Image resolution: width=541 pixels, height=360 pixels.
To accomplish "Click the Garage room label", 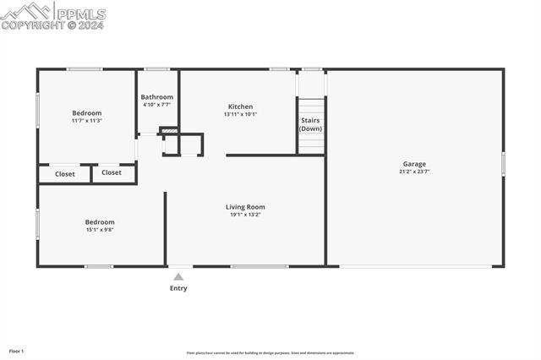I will pos(413,164).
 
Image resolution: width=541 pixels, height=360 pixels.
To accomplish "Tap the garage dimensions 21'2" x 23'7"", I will pos(413,172).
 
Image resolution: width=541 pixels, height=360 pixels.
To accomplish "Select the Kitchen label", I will pos(240,106).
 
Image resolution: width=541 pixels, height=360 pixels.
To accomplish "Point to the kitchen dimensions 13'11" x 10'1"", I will pos(240,114).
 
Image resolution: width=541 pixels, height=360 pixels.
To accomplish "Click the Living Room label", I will pos(245,207).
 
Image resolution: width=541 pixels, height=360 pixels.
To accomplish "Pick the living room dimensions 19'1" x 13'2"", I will pos(245,215).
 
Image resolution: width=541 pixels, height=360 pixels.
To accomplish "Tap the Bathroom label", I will pos(156,97).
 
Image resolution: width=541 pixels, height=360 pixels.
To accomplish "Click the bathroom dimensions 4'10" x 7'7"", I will pos(156,105).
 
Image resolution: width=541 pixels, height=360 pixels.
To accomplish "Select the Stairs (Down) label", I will pos(310,124).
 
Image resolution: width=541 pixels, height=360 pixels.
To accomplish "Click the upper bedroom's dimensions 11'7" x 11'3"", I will pos(86,121).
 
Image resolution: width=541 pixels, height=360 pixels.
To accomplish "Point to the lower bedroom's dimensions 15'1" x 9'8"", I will pos(100,230).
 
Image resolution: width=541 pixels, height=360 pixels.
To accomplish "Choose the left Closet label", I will pos(65,174).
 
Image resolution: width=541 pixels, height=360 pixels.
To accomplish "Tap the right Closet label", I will pos(112,172).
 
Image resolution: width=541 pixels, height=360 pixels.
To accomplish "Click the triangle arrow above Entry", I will pos(178,276).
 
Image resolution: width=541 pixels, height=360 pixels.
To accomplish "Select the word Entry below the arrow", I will pos(178,288).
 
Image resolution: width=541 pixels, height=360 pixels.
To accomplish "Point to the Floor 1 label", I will pos(17,351).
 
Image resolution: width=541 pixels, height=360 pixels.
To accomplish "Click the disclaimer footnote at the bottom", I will pos(270,353).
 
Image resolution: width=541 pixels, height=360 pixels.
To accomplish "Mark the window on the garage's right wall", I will pos(503,163).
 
